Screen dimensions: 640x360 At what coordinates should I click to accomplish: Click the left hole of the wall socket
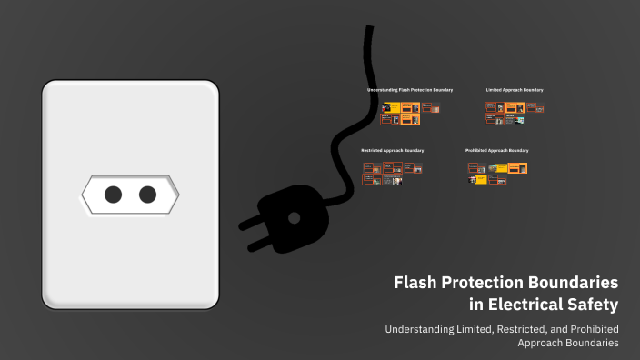pyautogui.click(x=114, y=194)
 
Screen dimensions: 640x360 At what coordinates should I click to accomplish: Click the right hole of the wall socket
pyautogui.click(x=146, y=194)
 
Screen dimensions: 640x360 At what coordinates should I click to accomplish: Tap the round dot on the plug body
pyautogui.click(x=293, y=217)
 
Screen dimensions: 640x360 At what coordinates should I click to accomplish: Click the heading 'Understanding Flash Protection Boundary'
pyautogui.click(x=409, y=90)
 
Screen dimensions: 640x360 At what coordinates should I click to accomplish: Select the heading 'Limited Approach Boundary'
pyautogui.click(x=515, y=90)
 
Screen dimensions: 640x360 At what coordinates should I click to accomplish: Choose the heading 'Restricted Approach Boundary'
pyautogui.click(x=393, y=150)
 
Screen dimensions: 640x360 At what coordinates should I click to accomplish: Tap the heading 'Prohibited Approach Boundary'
pyautogui.click(x=496, y=150)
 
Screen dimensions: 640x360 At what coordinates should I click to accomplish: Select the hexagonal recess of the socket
pyautogui.click(x=130, y=194)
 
